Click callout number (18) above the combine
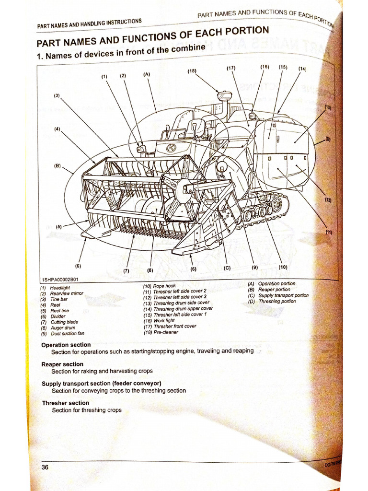(x=192, y=71)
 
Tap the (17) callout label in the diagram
(x=231, y=68)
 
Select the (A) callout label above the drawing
(x=147, y=74)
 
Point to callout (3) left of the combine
(x=57, y=95)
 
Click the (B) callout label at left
(x=57, y=166)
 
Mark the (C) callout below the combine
(x=227, y=269)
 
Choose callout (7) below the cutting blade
(x=126, y=270)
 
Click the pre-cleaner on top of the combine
(x=224, y=95)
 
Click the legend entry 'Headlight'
(x=60, y=288)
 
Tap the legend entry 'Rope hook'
(x=164, y=286)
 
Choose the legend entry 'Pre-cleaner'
(x=165, y=332)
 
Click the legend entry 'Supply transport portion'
(x=283, y=295)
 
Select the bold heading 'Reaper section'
(x=62, y=364)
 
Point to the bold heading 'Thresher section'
(x=65, y=403)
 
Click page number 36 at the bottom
(x=45, y=468)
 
